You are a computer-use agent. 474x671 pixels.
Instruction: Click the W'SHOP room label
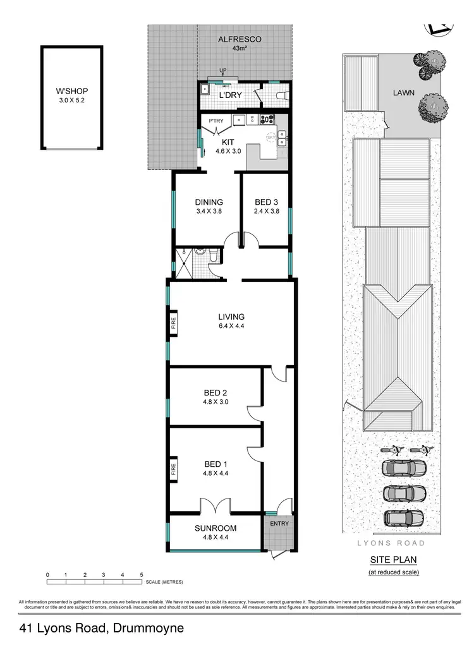pyautogui.click(x=71, y=90)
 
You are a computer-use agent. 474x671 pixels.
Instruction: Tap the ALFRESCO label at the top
pyautogui.click(x=240, y=39)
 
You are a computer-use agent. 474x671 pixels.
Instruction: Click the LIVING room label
pyautogui.click(x=231, y=317)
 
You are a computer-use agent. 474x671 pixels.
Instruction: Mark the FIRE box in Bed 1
pyautogui.click(x=173, y=469)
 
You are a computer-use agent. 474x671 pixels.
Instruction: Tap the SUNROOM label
pyautogui.click(x=216, y=528)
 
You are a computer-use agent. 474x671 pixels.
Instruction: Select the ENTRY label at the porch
pyautogui.click(x=279, y=523)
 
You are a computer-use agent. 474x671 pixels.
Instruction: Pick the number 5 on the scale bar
pyautogui.click(x=142, y=574)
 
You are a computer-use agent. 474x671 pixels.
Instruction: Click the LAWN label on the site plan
pyautogui.click(x=403, y=92)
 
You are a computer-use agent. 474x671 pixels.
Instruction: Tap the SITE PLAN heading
pyautogui.click(x=394, y=560)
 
